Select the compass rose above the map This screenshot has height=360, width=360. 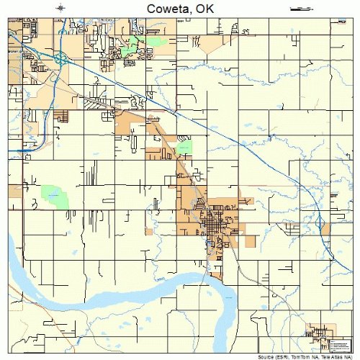(x=61, y=7)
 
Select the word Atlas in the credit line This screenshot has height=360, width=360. (x=336, y=356)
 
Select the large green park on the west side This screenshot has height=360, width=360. (x=53, y=194)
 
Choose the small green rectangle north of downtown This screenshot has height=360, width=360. (x=185, y=148)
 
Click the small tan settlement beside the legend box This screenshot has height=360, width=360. (x=318, y=333)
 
